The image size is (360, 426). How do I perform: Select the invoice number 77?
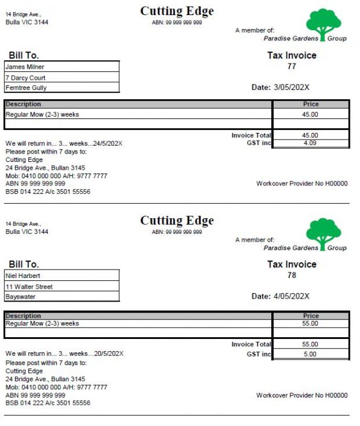292,66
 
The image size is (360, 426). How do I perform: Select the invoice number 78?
292,276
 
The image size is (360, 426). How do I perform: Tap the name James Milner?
25,67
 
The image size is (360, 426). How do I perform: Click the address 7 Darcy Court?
25,77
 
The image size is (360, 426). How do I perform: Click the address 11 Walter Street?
29,286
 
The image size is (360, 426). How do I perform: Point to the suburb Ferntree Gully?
26,88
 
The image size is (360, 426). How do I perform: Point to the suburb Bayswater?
22,297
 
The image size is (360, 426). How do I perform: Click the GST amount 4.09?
310,144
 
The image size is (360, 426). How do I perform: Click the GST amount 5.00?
310,354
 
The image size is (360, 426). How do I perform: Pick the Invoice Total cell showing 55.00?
310,344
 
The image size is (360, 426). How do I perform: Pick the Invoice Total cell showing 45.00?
310,135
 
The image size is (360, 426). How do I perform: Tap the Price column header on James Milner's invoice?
310,104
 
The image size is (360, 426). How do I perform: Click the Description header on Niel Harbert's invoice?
24,315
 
